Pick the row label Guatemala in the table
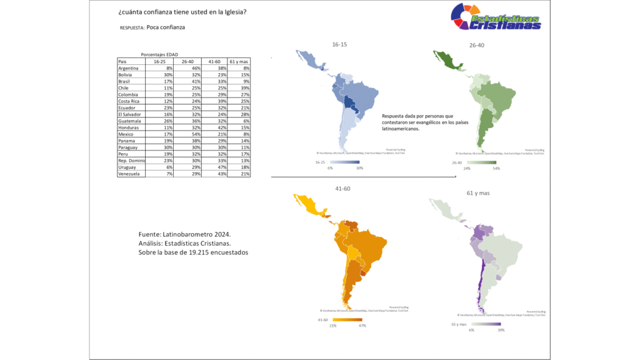130,121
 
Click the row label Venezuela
130,174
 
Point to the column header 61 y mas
239,62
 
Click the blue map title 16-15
339,44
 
